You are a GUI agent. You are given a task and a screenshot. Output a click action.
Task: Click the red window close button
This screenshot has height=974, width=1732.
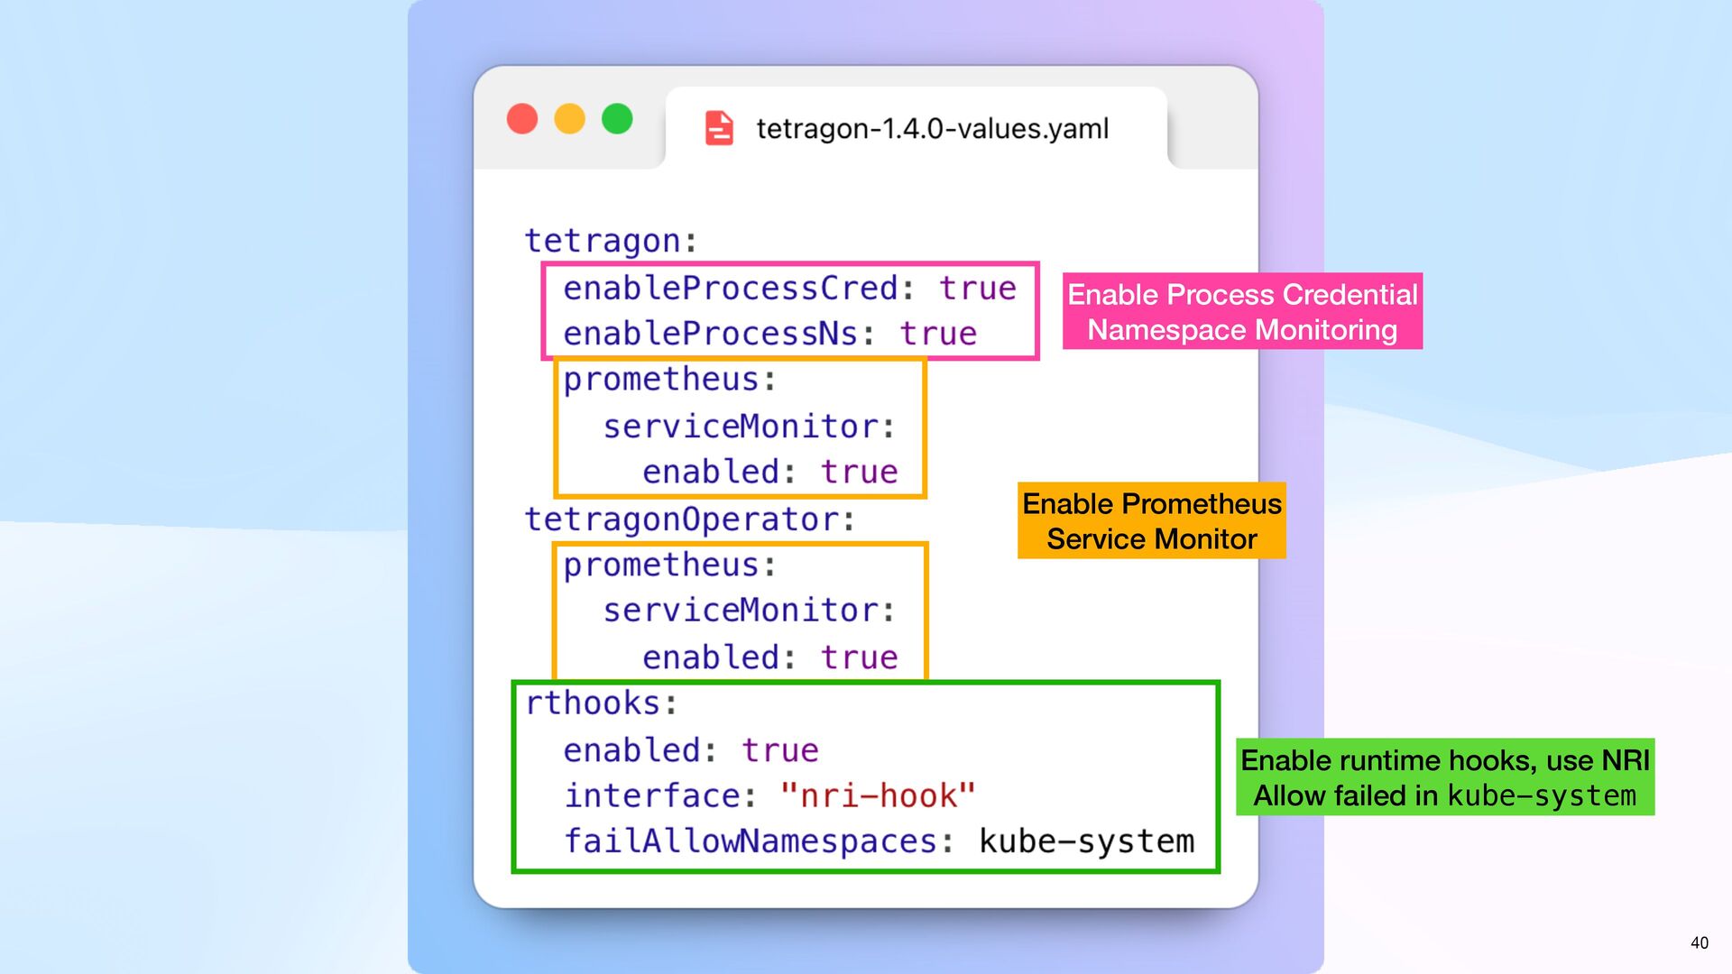click(x=522, y=119)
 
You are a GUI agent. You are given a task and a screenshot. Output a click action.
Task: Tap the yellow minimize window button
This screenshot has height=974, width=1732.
click(x=569, y=119)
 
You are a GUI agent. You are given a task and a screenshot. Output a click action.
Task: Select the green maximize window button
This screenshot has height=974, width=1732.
click(x=617, y=119)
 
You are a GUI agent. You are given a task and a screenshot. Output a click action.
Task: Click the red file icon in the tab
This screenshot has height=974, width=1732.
click(x=719, y=128)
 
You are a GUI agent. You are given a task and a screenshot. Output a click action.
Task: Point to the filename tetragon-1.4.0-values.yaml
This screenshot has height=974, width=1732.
click(x=932, y=129)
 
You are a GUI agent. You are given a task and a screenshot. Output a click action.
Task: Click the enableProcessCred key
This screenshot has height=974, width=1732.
click(x=731, y=289)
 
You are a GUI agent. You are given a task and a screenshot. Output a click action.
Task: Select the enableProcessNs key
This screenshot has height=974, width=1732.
click(x=711, y=334)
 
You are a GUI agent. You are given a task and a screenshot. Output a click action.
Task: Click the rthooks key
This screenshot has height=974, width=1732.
click(x=594, y=703)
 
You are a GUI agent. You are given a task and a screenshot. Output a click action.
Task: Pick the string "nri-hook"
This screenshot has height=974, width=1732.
click(x=878, y=795)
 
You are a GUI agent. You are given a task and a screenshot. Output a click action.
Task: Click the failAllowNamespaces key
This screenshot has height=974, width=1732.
click(x=751, y=841)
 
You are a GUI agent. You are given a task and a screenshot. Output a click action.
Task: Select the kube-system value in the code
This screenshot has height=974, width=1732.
click(x=1086, y=841)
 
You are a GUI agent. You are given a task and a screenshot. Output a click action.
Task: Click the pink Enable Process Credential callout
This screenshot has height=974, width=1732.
click(x=1242, y=311)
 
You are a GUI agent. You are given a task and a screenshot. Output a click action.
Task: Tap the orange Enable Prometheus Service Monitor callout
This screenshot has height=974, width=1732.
click(x=1151, y=521)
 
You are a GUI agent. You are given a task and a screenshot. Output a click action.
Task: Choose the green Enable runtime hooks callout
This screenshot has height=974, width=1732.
click(x=1444, y=777)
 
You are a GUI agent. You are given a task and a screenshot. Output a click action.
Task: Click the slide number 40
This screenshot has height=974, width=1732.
click(x=1700, y=942)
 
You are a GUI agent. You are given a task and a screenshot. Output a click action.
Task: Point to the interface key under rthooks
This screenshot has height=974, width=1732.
click(x=652, y=795)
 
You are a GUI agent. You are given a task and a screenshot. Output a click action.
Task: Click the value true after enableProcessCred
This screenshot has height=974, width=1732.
click(x=977, y=289)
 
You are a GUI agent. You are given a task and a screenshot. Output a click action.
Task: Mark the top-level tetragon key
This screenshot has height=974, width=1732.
click(x=603, y=241)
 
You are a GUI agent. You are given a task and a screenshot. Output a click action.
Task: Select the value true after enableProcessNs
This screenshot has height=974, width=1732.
click(x=938, y=334)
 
